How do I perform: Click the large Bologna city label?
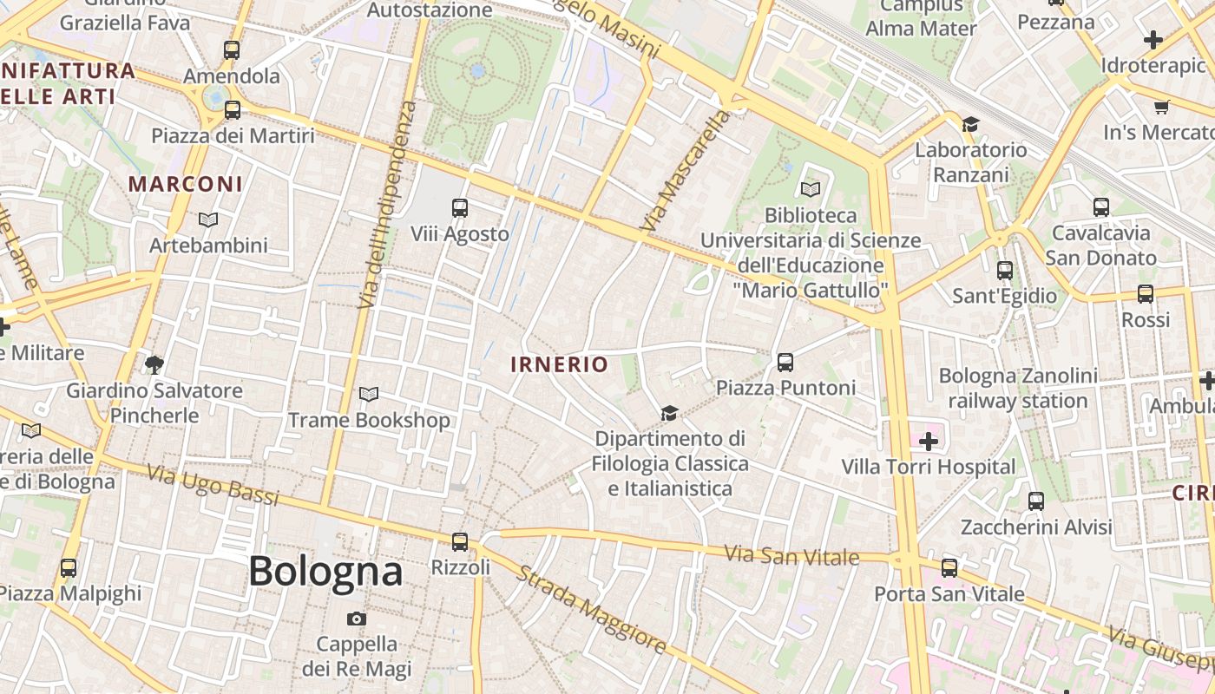[x=325, y=572]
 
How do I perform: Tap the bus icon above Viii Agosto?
[x=460, y=208]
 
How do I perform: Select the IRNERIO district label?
[x=560, y=364]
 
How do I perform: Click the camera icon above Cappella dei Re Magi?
[x=356, y=619]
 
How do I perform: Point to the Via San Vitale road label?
[x=791, y=554]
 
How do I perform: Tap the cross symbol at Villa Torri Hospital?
[x=929, y=442]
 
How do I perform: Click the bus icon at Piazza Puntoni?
[x=785, y=362]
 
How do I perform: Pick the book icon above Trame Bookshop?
[x=369, y=395]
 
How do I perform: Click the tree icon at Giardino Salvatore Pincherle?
[x=154, y=364]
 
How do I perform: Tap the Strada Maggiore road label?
[x=593, y=610]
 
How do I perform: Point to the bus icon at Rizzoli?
[x=460, y=542]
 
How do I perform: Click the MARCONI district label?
[x=186, y=184]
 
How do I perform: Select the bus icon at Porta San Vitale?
[x=949, y=568]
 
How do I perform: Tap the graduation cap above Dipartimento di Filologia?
[x=668, y=413]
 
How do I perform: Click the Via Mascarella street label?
[x=686, y=171]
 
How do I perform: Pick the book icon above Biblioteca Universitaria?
[x=811, y=189]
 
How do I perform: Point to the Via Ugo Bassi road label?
[x=213, y=485]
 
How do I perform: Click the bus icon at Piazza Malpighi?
[x=69, y=568]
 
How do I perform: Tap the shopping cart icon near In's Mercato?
[x=1161, y=107]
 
